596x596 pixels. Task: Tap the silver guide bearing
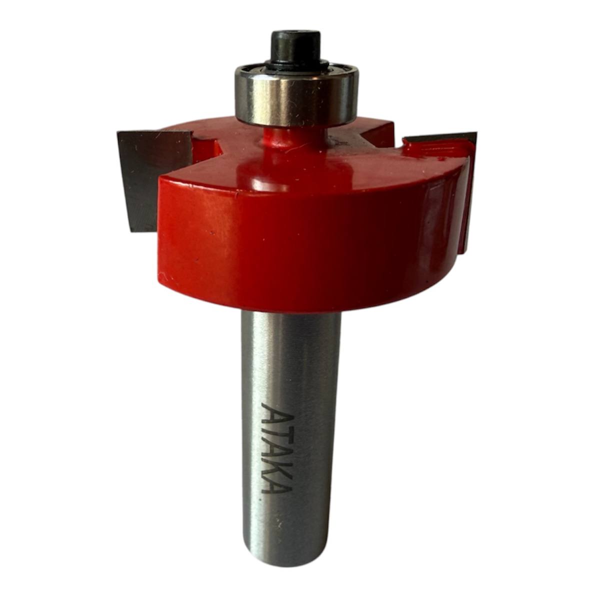point(297,96)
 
